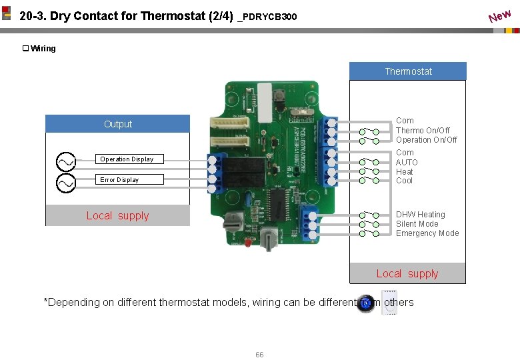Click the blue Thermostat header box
[408, 71]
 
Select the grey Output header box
[117, 124]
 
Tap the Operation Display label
[127, 159]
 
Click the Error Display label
[119, 180]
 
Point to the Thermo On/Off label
[423, 131]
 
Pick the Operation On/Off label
[427, 140]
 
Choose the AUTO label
[407, 162]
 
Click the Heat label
[405, 171]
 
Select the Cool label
[404, 181]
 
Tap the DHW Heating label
[420, 215]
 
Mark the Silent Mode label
[417, 224]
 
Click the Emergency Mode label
[427, 233]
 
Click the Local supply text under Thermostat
[407, 273]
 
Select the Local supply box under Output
[117, 215]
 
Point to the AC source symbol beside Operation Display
[66, 161]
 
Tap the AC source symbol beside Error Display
[66, 182]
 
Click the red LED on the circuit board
[247, 243]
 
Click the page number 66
[259, 355]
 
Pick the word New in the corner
[499, 15]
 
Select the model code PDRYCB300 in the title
[270, 17]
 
